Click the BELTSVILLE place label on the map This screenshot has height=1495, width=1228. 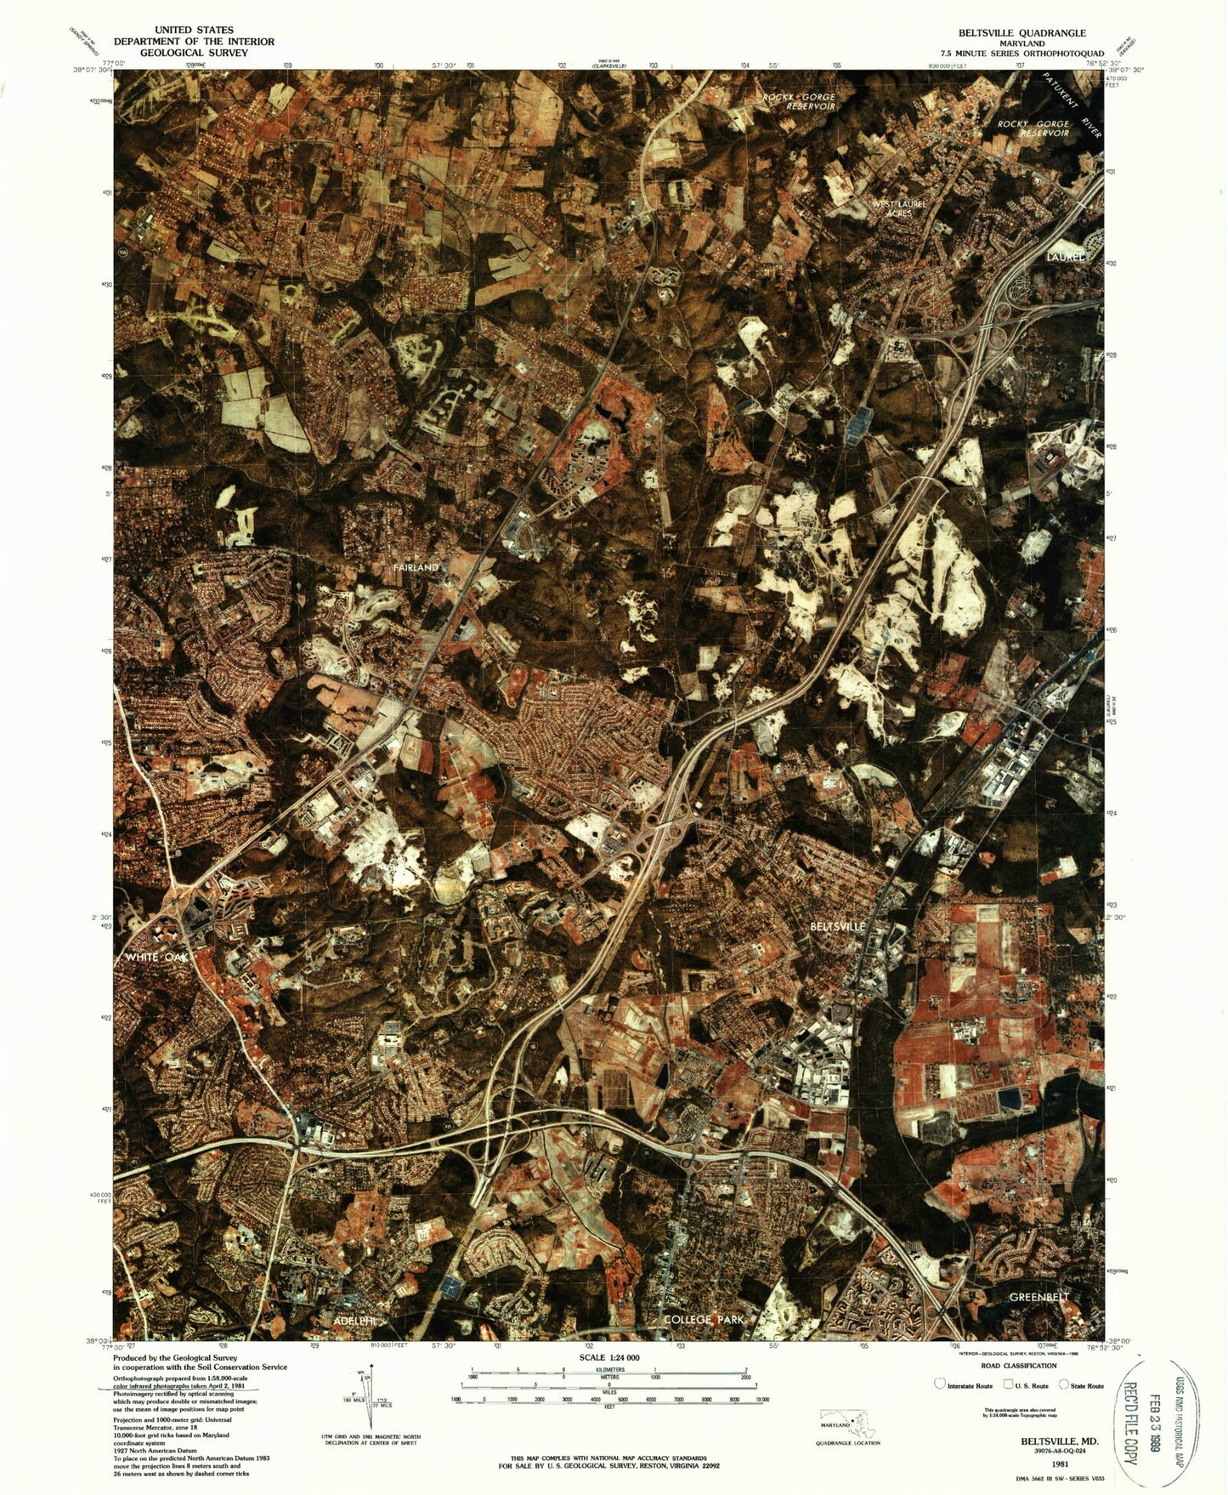tap(837, 925)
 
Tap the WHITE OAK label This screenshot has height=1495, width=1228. tap(161, 958)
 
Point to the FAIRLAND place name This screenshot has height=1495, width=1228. tap(416, 567)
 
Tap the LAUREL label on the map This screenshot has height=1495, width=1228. tap(1067, 256)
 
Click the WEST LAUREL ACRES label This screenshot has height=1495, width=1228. tap(898, 208)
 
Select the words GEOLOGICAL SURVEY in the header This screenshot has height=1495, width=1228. tap(194, 52)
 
